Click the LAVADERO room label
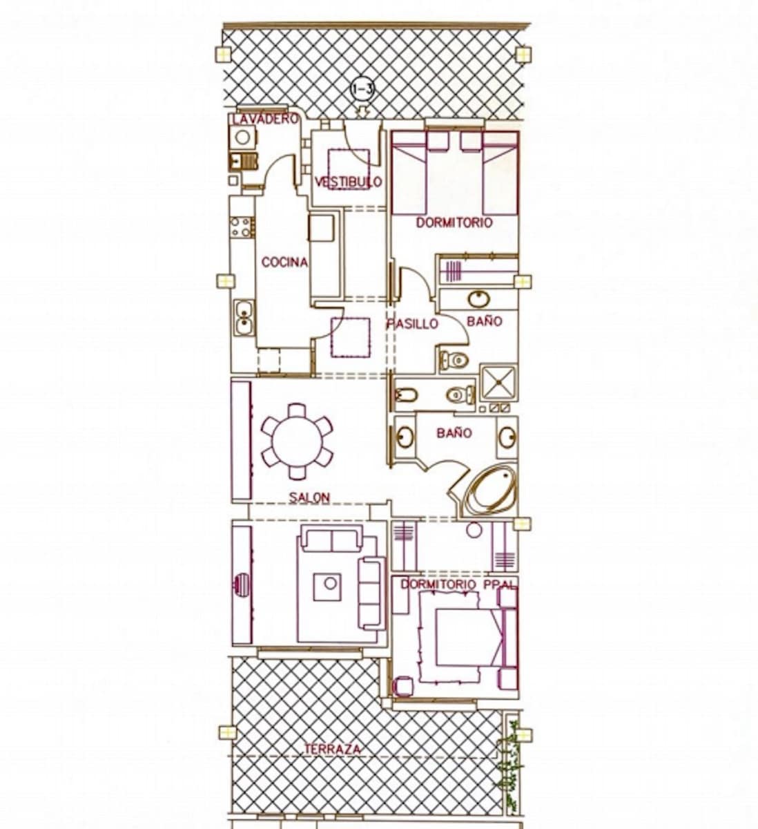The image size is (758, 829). click(x=266, y=119)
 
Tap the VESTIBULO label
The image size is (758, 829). click(x=348, y=182)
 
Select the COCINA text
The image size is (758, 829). click(x=284, y=263)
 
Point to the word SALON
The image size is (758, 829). click(x=309, y=497)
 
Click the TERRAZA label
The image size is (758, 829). click(x=333, y=749)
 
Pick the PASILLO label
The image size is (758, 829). click(x=412, y=323)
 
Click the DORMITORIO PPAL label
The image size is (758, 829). click(x=458, y=584)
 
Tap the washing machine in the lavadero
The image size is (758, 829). click(x=242, y=137)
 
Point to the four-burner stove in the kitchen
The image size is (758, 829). click(x=242, y=227)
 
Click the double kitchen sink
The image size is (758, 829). click(x=243, y=318)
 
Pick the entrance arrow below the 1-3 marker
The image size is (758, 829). click(x=362, y=110)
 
